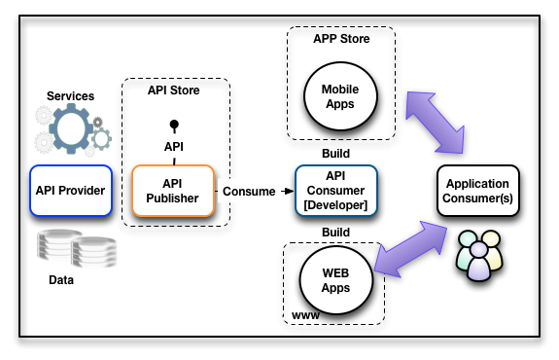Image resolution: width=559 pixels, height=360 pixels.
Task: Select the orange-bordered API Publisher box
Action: tap(171, 190)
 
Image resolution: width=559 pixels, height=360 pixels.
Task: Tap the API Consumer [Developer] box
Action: tap(333, 190)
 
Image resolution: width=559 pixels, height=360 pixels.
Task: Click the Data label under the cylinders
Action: tap(62, 279)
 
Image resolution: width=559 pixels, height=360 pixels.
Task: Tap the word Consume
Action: tap(249, 191)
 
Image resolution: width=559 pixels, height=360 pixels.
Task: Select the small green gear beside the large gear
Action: tap(101, 138)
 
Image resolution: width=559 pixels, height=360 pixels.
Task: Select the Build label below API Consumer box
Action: tap(334, 233)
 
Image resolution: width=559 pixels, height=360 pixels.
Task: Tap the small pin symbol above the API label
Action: tap(175, 126)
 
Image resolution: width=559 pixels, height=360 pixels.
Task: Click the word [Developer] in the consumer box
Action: tap(333, 204)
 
